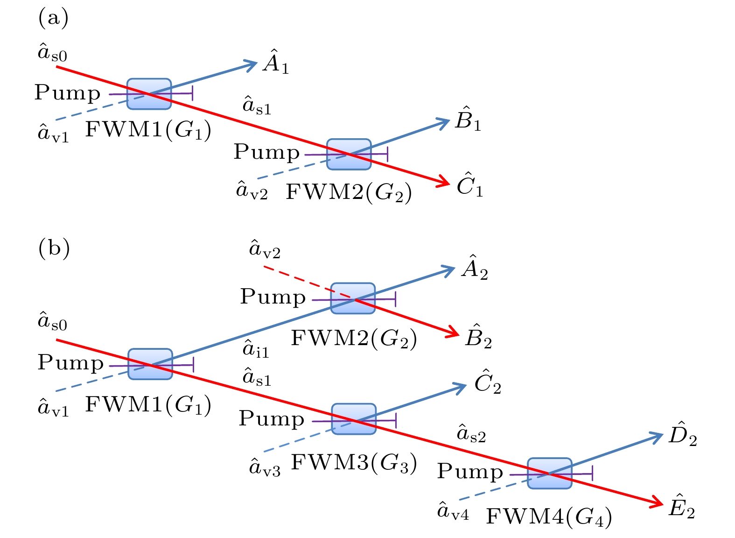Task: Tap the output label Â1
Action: click(276, 62)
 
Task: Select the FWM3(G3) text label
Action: click(354, 463)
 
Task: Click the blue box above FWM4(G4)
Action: click(550, 473)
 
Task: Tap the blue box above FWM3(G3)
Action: click(354, 419)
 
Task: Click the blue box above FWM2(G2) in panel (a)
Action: click(349, 154)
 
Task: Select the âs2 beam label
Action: click(471, 434)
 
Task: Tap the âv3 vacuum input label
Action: click(265, 467)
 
